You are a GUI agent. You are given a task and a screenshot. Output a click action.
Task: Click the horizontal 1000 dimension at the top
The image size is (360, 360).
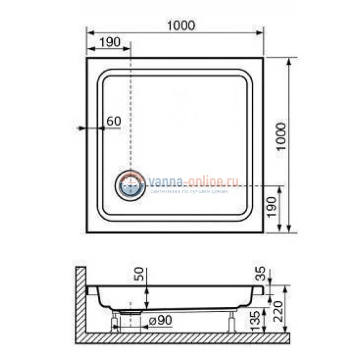181,25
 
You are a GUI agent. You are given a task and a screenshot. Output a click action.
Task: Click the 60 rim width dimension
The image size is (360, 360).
113,121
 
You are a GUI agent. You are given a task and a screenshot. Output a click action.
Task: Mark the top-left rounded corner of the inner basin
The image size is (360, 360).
102,75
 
